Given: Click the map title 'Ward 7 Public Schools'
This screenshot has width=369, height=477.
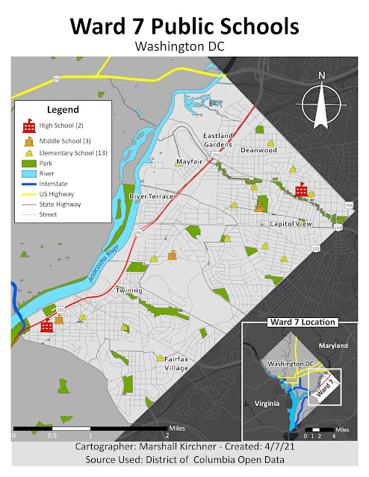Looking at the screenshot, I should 184,25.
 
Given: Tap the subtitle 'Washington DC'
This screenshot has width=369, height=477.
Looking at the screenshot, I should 184,46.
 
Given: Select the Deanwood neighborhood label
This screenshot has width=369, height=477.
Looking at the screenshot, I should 258,150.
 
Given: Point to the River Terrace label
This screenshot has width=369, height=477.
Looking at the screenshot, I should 152,196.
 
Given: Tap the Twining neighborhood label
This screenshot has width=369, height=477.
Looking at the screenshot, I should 129,290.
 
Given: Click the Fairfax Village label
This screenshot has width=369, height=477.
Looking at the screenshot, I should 176,364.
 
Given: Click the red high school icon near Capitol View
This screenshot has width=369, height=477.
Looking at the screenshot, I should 301,191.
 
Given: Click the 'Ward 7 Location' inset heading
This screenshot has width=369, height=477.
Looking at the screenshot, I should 302,322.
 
